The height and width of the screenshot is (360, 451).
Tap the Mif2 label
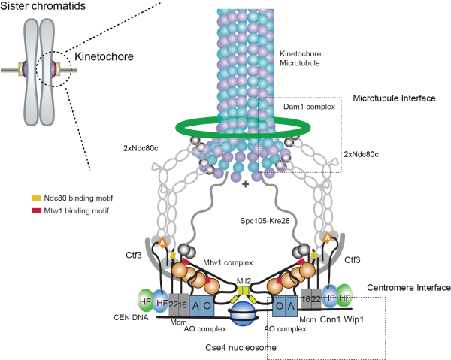tap(244, 281)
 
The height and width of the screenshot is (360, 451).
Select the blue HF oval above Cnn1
tap(329, 295)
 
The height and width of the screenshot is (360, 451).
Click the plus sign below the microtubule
tap(246, 183)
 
